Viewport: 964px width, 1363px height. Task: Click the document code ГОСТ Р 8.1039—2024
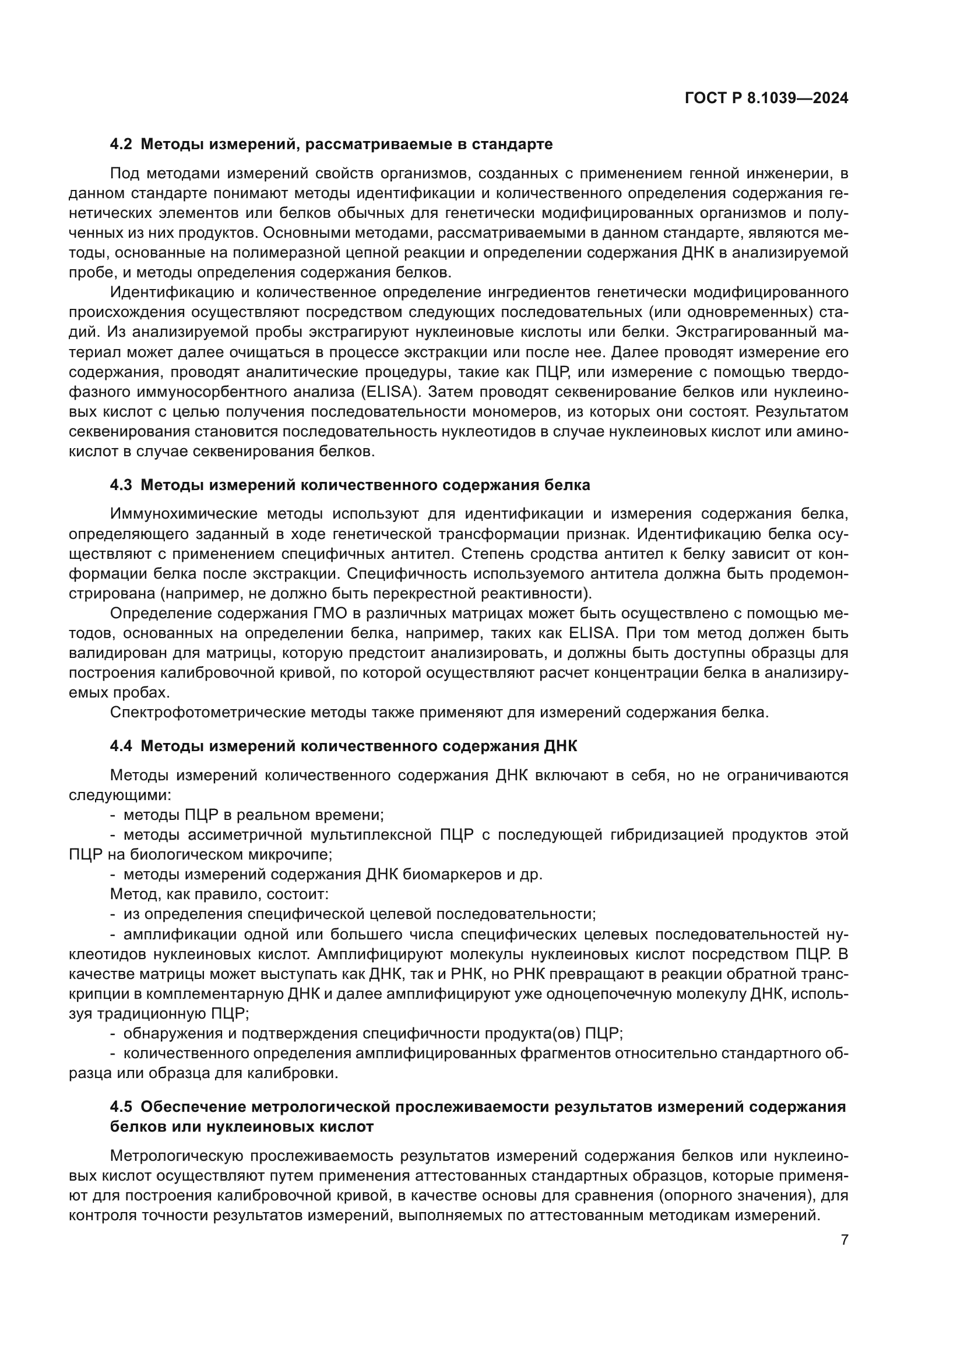[x=766, y=98]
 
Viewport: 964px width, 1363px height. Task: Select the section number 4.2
[x=121, y=145]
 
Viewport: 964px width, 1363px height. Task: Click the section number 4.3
[x=121, y=485]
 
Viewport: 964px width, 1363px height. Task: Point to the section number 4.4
[x=121, y=746]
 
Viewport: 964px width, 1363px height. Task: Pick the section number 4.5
[x=121, y=1107]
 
